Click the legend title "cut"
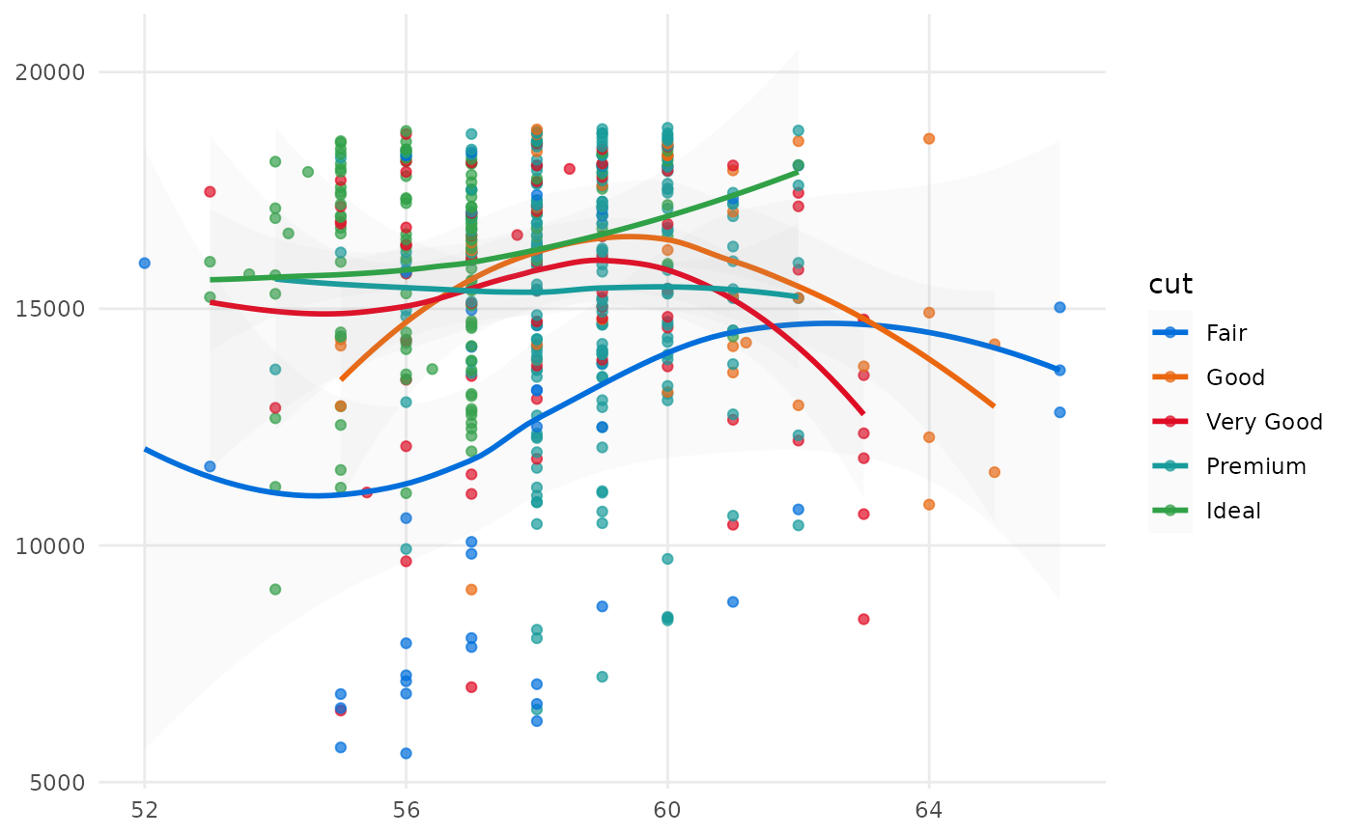click(x=1169, y=285)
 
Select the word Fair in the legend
click(x=1226, y=333)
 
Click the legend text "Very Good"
click(x=1264, y=422)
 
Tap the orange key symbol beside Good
click(x=1170, y=377)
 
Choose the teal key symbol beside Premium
click(x=1170, y=466)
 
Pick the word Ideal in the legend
click(x=1233, y=511)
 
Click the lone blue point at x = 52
click(x=145, y=263)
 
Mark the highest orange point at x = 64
click(x=929, y=138)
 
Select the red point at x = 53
click(x=210, y=191)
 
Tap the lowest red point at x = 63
click(x=863, y=619)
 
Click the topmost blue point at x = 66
click(x=1059, y=307)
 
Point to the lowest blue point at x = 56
click(x=407, y=753)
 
